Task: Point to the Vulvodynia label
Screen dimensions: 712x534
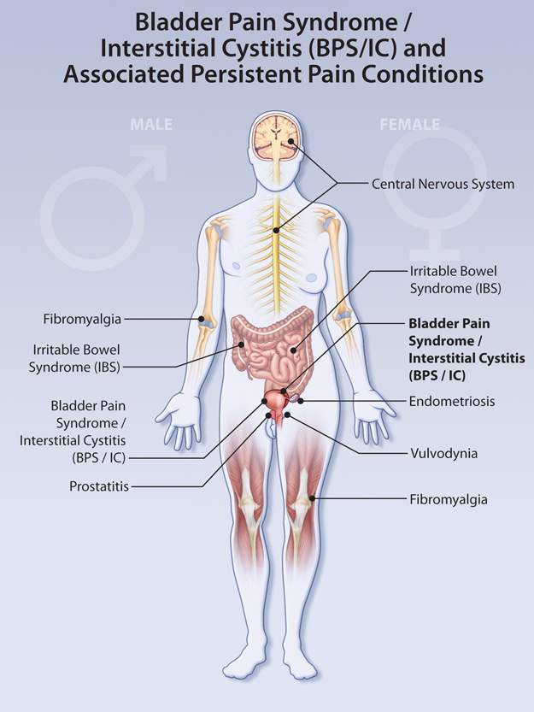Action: [443, 453]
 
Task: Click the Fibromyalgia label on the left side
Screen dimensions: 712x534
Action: [82, 319]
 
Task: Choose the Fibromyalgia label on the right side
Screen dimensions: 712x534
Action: [449, 498]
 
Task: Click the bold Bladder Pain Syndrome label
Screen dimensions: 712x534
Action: [455, 349]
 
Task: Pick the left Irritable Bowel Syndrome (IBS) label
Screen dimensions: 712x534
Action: [76, 358]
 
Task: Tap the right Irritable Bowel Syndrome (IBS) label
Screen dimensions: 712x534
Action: [453, 279]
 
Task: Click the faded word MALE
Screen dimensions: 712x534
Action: [151, 125]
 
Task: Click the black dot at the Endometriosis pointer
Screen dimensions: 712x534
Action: [302, 399]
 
